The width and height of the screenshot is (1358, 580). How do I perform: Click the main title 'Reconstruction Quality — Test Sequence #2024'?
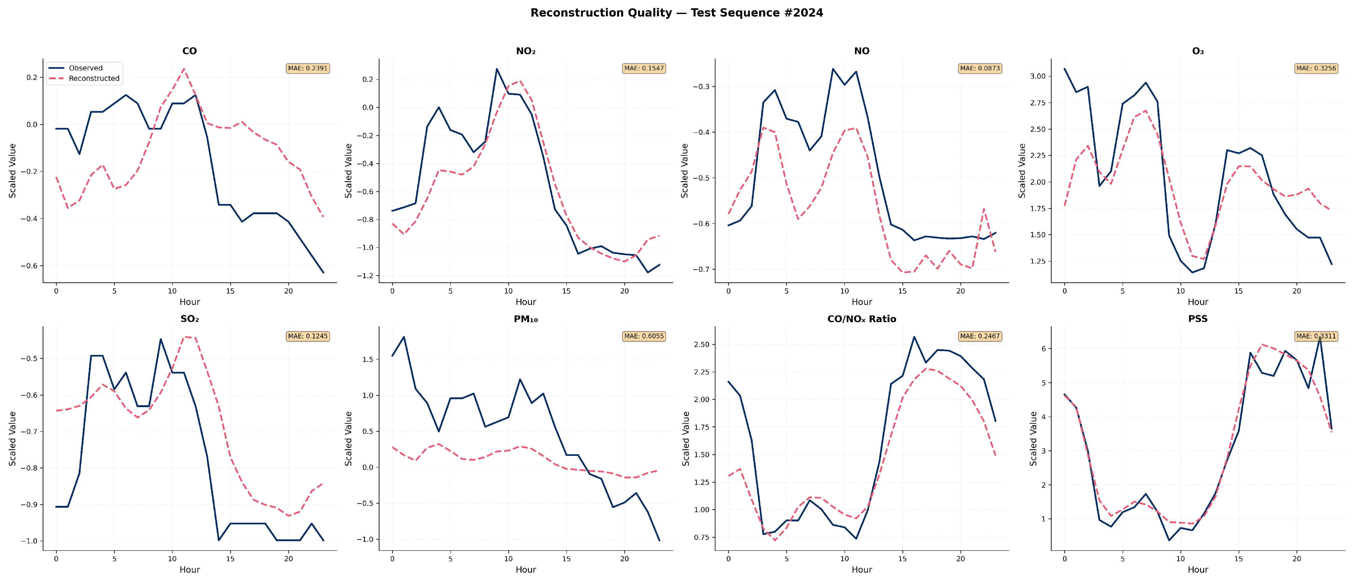click(x=676, y=13)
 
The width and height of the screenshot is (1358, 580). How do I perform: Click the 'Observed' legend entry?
click(x=85, y=68)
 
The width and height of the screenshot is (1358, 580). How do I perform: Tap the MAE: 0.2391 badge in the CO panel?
click(x=308, y=68)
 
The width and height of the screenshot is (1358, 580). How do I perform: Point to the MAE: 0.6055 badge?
click(x=644, y=336)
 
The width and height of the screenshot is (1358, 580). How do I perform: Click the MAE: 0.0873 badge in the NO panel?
click(x=980, y=68)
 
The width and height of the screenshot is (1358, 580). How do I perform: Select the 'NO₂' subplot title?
click(x=526, y=51)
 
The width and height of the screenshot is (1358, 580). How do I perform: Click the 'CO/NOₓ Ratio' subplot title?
click(x=861, y=319)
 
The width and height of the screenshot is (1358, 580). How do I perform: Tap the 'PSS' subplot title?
click(x=1198, y=319)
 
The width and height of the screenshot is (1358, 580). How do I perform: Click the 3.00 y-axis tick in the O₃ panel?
click(x=1038, y=76)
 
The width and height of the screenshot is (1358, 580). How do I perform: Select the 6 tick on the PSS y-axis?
click(x=1043, y=349)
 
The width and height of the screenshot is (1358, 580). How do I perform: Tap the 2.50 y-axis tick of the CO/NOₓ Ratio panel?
click(x=701, y=344)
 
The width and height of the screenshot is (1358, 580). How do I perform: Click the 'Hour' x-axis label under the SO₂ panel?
click(x=190, y=569)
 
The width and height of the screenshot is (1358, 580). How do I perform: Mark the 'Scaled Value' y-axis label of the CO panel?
click(x=13, y=171)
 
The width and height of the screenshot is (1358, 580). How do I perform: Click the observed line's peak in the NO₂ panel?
click(x=497, y=69)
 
